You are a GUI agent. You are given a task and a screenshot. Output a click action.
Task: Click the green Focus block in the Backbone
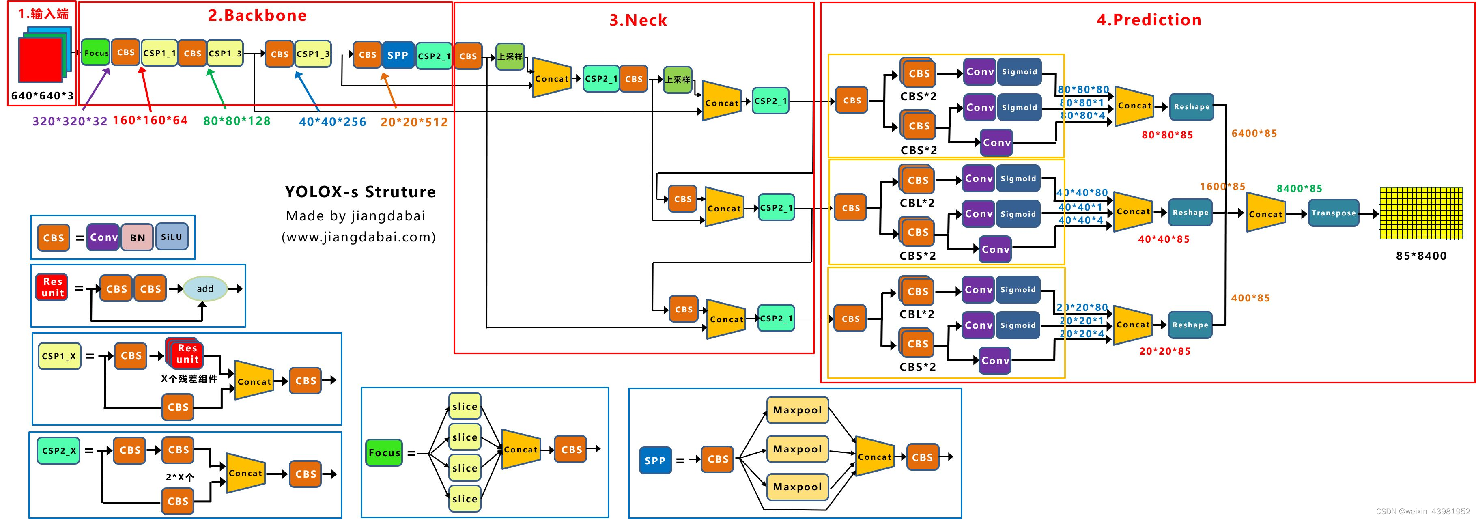(96, 53)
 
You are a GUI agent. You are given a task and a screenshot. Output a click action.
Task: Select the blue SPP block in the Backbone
(398, 55)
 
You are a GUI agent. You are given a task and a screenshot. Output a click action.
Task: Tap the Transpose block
(1333, 213)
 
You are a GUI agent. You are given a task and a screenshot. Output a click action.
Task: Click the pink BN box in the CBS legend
(137, 237)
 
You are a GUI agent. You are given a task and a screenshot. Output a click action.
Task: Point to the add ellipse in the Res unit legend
(205, 289)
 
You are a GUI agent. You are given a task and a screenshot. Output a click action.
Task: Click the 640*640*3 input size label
(43, 96)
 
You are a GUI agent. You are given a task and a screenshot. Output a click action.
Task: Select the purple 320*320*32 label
(70, 121)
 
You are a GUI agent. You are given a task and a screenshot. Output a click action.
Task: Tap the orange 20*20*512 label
(414, 122)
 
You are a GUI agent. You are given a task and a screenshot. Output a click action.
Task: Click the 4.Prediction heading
(1149, 19)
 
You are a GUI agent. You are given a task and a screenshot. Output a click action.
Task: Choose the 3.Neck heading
(638, 20)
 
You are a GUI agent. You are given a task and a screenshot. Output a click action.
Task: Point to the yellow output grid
(1421, 213)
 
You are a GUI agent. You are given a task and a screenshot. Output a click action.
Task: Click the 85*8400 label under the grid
(1421, 256)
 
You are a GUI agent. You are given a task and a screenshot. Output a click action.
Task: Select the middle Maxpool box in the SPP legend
(797, 449)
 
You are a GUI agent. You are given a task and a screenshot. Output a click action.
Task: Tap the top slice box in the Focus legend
(465, 406)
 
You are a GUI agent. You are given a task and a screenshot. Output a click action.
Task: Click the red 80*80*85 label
(1167, 135)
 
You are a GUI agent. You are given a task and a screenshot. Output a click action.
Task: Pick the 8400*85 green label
(1300, 188)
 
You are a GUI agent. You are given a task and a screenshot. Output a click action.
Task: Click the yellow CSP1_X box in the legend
(59, 356)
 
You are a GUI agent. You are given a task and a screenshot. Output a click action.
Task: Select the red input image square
(41, 60)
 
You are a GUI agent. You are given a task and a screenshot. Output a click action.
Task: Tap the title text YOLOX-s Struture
(360, 192)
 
